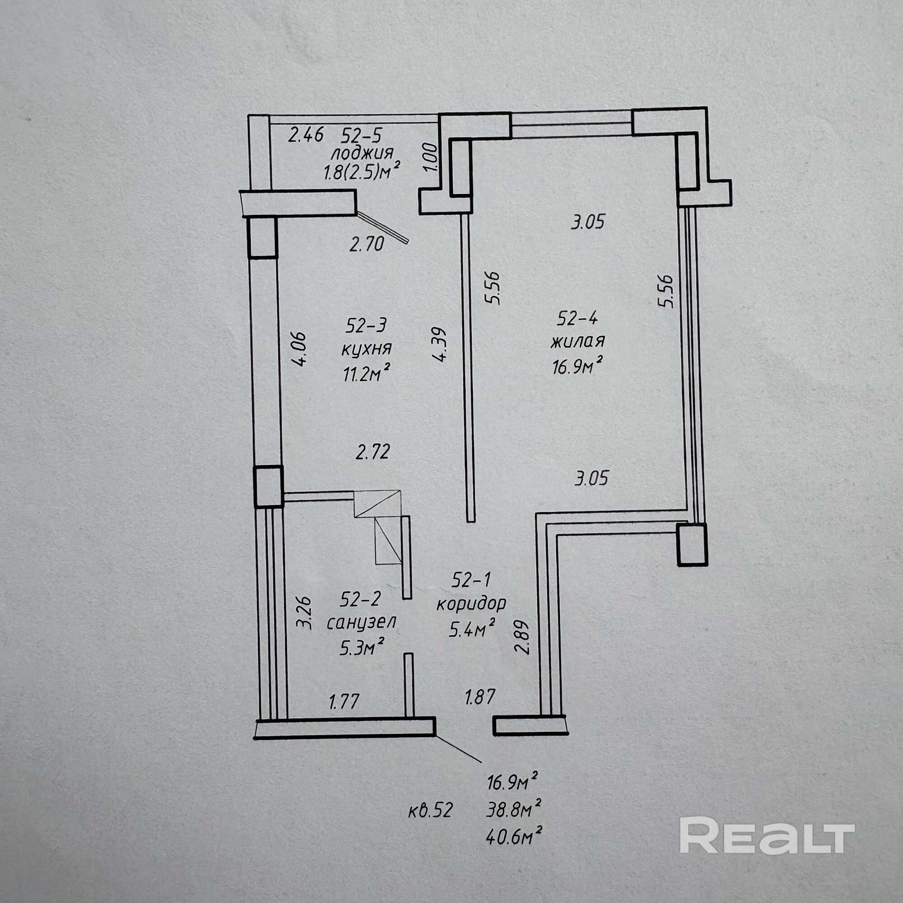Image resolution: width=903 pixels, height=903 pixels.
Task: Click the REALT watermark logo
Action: (x=767, y=842)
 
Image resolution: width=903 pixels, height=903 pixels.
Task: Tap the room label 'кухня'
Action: (x=367, y=349)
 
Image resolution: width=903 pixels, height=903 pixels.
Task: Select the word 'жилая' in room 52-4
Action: (x=577, y=342)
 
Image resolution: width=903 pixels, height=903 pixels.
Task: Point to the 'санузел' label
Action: (x=361, y=622)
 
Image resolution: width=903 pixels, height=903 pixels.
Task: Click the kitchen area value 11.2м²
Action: (x=367, y=373)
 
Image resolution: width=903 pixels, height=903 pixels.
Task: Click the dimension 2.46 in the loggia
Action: (x=306, y=135)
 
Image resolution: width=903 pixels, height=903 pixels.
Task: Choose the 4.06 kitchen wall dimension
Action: (x=300, y=349)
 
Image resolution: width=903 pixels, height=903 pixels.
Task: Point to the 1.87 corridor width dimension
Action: (x=479, y=697)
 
